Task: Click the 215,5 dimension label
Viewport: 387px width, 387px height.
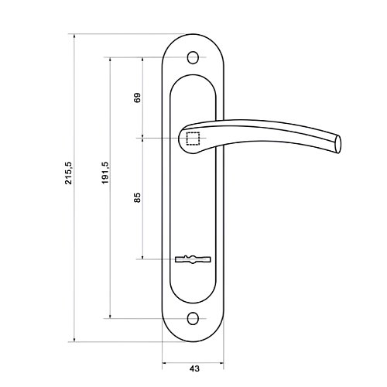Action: click(x=69, y=173)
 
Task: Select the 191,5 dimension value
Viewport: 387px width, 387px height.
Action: click(x=105, y=173)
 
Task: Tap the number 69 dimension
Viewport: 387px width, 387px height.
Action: click(x=138, y=98)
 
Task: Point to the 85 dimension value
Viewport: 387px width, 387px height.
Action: click(x=138, y=197)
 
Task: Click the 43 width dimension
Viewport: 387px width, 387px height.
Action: click(x=194, y=368)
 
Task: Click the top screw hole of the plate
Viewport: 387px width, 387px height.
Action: click(x=193, y=57)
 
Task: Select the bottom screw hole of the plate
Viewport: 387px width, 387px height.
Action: click(x=192, y=318)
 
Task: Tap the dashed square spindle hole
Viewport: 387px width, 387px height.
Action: click(x=193, y=139)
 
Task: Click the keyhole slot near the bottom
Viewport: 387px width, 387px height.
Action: click(x=193, y=259)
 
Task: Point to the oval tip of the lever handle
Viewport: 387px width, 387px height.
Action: click(x=338, y=144)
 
